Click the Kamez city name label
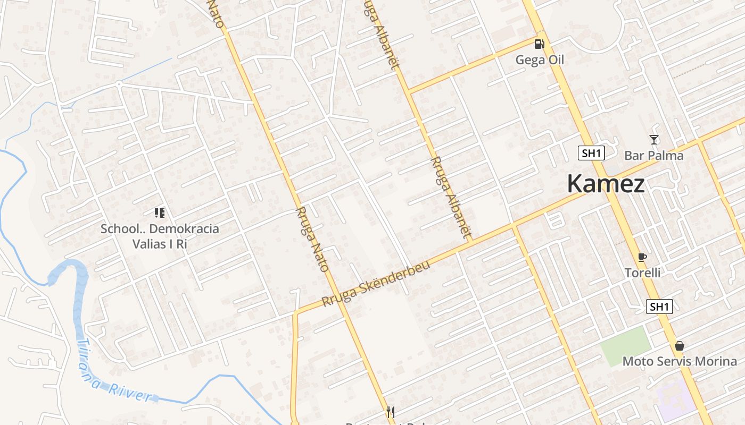click(x=606, y=184)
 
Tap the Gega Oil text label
click(x=540, y=60)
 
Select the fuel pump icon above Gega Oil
click(x=539, y=44)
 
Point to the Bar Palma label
click(x=653, y=156)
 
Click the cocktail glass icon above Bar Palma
click(x=654, y=140)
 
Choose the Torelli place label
click(x=642, y=273)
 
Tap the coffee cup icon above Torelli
click(x=642, y=258)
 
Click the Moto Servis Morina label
click(x=680, y=361)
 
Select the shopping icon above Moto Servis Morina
click(x=680, y=346)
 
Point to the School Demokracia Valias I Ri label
click(x=160, y=236)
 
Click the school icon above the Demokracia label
click(x=160, y=213)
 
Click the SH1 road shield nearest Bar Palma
click(x=592, y=154)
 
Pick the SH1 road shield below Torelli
click(x=659, y=307)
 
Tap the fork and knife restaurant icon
click(x=390, y=412)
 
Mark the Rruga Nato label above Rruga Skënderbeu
click(x=311, y=240)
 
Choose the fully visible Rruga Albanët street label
click(x=451, y=197)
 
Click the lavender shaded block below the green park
click(x=675, y=398)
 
